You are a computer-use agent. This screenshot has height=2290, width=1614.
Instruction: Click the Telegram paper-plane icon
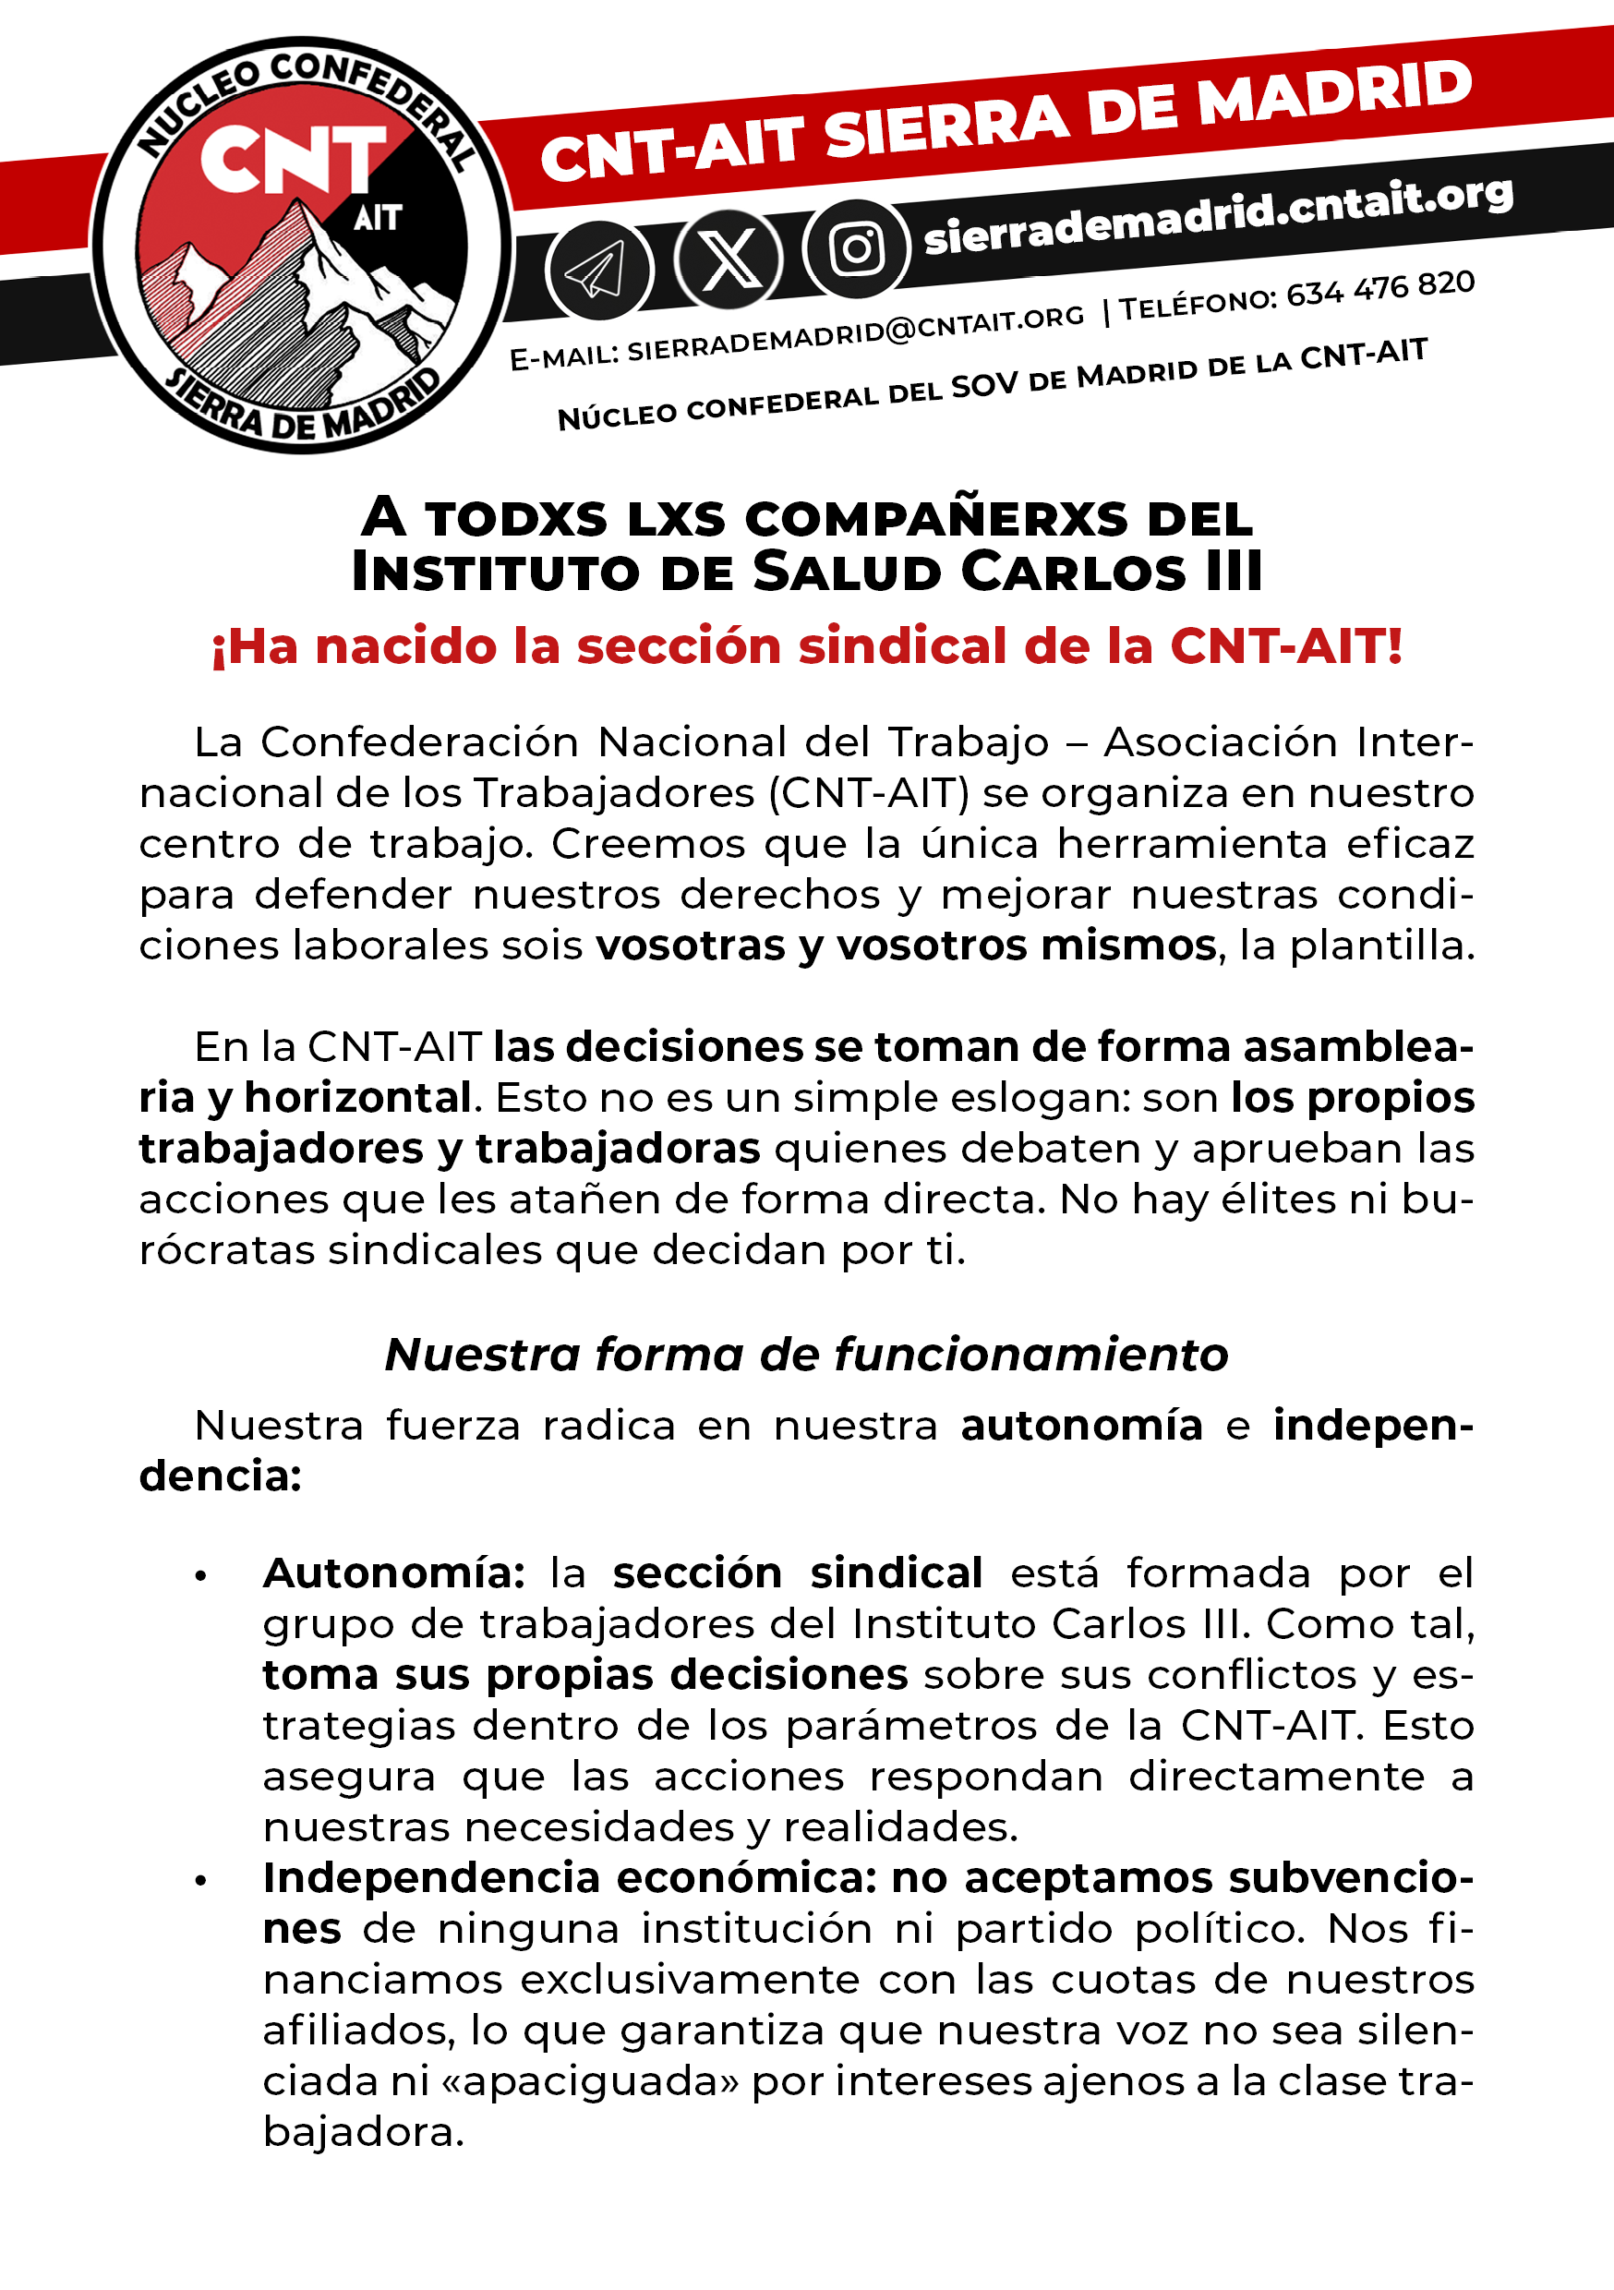598,271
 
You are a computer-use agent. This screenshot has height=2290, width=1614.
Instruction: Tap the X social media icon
729,259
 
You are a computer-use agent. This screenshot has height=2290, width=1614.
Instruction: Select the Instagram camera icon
857,248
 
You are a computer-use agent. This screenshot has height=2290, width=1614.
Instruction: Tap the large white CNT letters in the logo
293,161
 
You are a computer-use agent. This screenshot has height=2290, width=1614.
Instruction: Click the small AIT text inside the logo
377,217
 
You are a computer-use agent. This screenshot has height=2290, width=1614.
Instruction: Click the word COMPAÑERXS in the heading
935,519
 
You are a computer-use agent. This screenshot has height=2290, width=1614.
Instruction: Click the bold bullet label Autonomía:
394,1573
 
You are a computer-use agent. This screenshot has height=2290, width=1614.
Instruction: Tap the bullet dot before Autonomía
200,1577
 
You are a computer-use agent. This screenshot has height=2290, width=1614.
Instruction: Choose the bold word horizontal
357,1097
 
